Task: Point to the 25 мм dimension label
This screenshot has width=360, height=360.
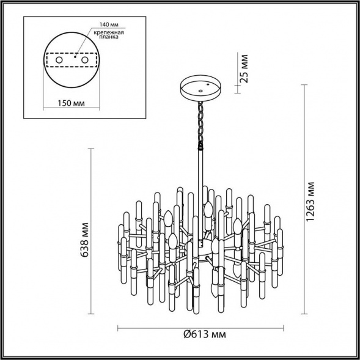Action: [244, 69]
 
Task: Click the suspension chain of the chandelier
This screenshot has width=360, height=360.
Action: [199, 122]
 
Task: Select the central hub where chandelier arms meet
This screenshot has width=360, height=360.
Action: [202, 248]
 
